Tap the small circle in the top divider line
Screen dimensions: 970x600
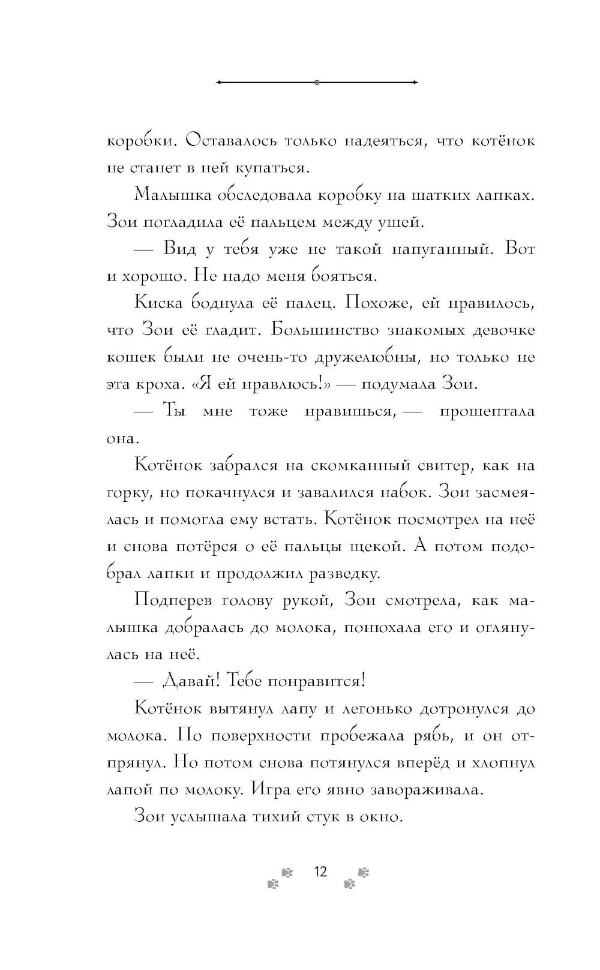[x=317, y=82]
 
